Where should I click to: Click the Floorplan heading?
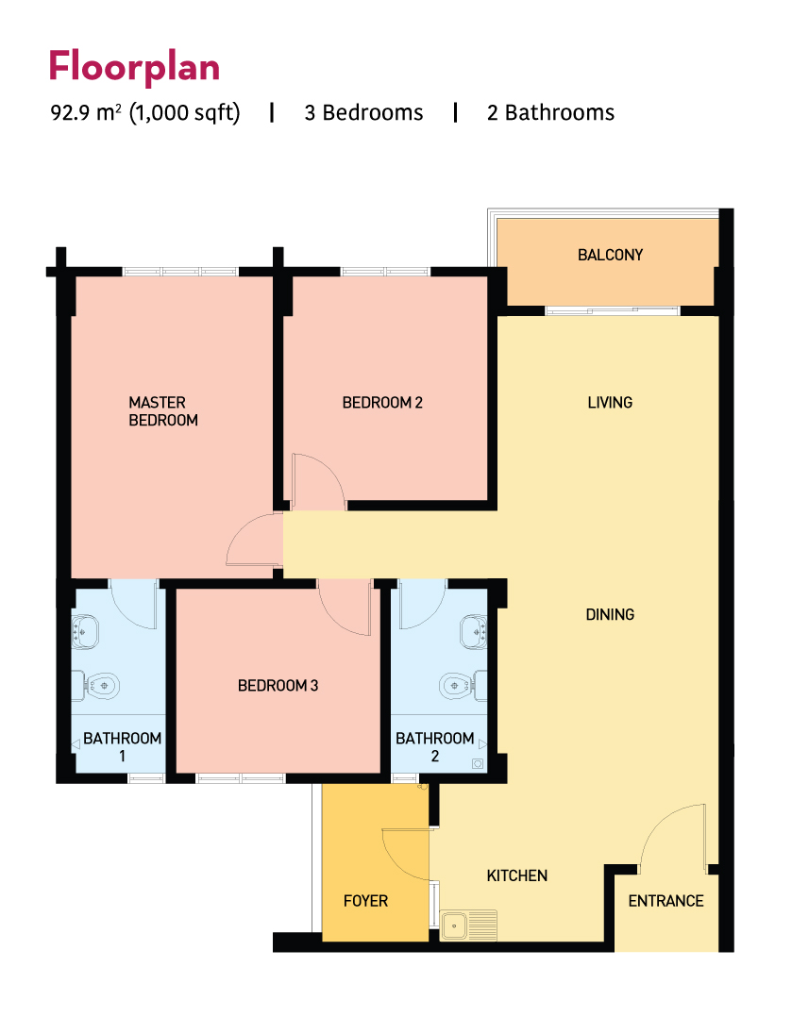click(134, 66)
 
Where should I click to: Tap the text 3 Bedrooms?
click(363, 113)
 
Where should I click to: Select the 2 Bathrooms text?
click(550, 113)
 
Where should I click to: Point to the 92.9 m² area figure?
click(86, 113)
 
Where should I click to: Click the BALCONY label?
click(610, 255)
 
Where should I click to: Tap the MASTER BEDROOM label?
click(163, 411)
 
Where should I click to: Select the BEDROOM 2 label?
click(382, 403)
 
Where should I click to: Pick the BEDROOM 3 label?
click(278, 686)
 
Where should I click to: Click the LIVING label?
click(610, 403)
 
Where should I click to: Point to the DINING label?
click(610, 614)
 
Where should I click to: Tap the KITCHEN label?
click(517, 875)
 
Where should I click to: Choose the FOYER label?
click(365, 901)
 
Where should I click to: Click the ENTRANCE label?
click(666, 901)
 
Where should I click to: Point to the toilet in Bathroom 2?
click(463, 686)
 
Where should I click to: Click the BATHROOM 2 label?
click(435, 747)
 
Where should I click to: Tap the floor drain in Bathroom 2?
click(478, 764)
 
